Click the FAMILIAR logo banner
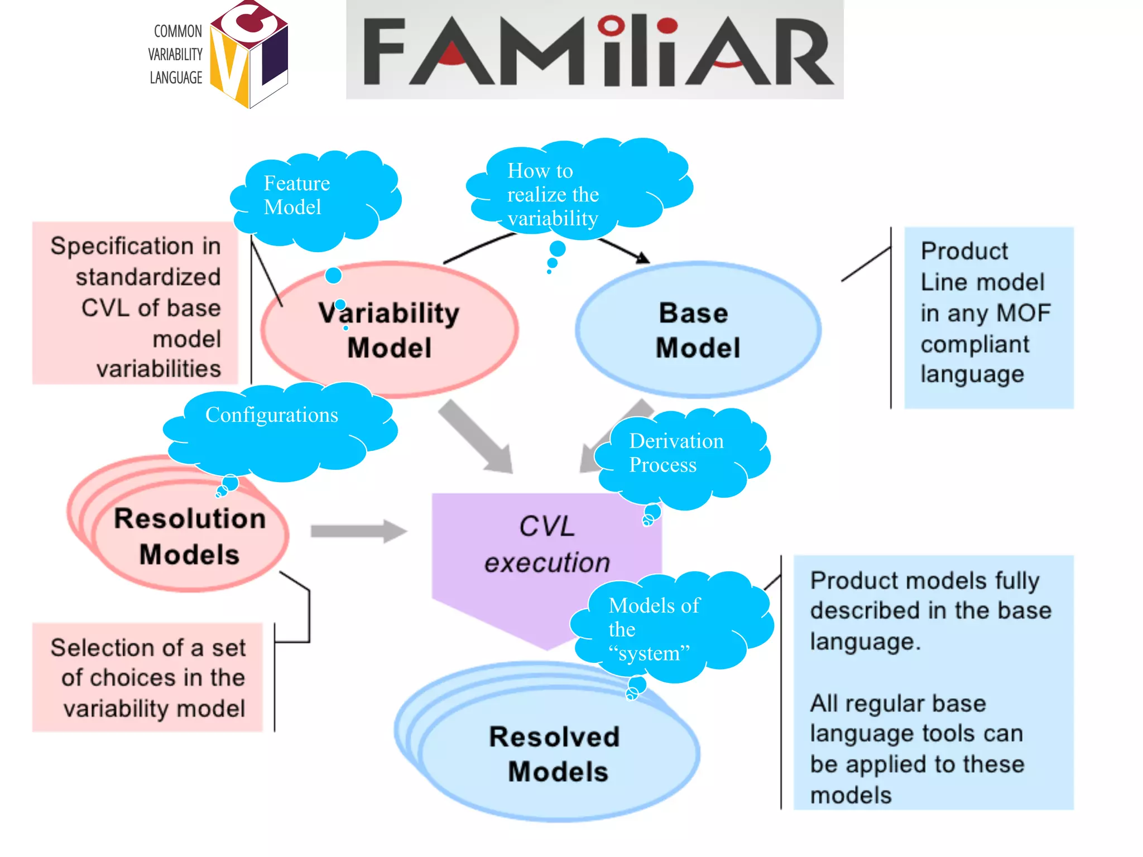[x=594, y=50]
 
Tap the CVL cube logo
[x=249, y=55]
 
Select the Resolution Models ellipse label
[x=190, y=536]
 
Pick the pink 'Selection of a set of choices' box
[x=147, y=677]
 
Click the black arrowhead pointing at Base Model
[x=643, y=257]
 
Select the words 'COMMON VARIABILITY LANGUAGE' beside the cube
[x=175, y=55]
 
